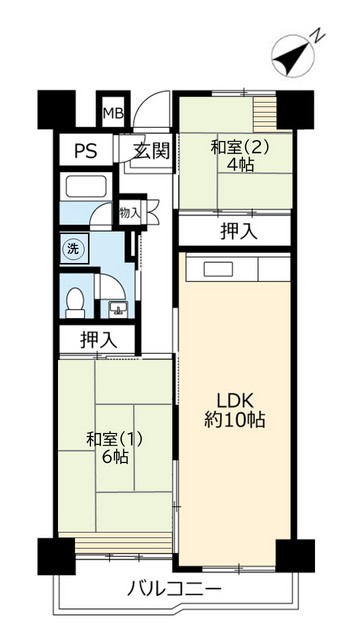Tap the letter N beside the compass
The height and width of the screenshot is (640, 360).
315,37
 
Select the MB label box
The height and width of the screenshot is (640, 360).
112,112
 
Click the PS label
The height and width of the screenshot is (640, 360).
85,153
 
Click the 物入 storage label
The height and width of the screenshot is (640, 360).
129,213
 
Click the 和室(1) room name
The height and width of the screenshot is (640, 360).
107,438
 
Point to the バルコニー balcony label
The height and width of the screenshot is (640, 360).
174,589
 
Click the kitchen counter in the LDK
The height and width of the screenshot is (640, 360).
237,269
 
